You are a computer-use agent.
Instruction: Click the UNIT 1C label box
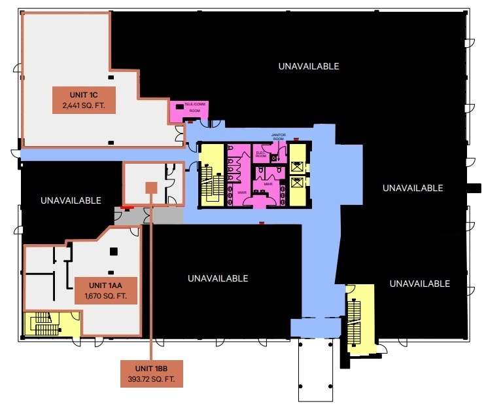click(84, 100)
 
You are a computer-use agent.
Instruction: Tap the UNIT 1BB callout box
click(152, 373)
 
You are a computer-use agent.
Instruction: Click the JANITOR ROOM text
click(278, 137)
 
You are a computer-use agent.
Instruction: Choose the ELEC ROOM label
click(260, 155)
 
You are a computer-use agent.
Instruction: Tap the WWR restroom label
click(241, 193)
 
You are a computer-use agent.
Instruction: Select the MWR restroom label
click(268, 185)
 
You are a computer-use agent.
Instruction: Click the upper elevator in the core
click(296, 166)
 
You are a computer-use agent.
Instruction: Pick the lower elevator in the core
click(296, 183)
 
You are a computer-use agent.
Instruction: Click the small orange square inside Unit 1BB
click(151, 188)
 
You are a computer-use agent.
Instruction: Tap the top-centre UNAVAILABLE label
click(308, 66)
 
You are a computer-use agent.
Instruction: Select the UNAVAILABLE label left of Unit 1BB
click(71, 200)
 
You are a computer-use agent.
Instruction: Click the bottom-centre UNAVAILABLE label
click(218, 278)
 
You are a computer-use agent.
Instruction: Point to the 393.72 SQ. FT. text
click(152, 379)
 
